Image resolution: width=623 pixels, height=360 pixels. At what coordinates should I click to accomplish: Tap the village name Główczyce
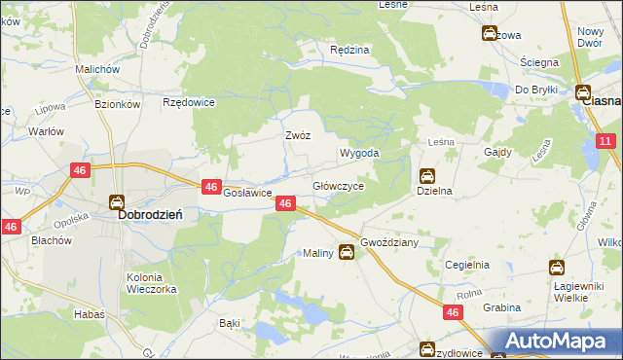pyautogui.click(x=338, y=185)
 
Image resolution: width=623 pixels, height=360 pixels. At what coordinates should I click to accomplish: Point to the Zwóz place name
pyautogui.click(x=297, y=136)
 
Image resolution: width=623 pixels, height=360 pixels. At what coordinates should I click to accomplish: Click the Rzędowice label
pyautogui.click(x=188, y=101)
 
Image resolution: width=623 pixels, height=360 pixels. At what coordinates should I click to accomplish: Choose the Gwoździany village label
pyautogui.click(x=388, y=242)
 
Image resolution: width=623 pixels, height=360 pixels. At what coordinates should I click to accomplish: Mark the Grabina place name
pyautogui.click(x=502, y=307)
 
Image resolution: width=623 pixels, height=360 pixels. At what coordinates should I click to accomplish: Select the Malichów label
pyautogui.click(x=96, y=70)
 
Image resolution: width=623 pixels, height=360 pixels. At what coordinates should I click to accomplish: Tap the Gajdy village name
pyautogui.click(x=497, y=153)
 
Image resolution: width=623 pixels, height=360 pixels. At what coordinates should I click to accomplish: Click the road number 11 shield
pyautogui.click(x=605, y=142)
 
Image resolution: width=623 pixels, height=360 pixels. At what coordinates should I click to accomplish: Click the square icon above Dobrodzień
pyautogui.click(x=117, y=202)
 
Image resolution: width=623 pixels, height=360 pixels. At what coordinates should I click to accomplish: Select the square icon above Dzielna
pyautogui.click(x=426, y=176)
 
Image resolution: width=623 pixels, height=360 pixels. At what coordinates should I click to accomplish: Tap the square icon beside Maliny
pyautogui.click(x=346, y=252)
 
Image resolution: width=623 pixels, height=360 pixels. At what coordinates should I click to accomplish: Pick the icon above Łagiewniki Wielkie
pyautogui.click(x=557, y=268)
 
